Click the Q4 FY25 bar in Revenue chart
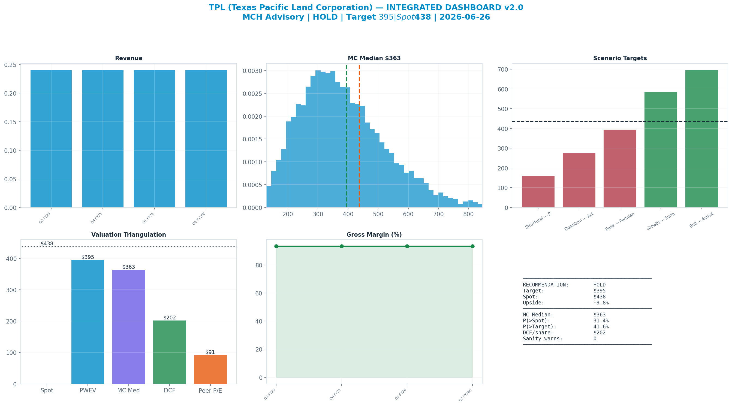(103, 139)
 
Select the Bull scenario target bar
(701, 139)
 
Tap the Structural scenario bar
(538, 192)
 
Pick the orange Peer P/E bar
(210, 370)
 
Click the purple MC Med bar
(128, 327)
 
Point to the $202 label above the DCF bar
(170, 318)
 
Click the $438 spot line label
(47, 244)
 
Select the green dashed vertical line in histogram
(347, 136)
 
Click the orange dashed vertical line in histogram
(359, 136)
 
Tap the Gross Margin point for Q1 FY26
(407, 246)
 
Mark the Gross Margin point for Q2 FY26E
(472, 246)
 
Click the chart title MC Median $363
(374, 58)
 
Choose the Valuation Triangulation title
(128, 235)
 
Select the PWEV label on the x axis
(88, 391)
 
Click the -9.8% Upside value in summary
(601, 303)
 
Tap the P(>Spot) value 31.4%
(601, 320)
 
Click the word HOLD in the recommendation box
(599, 285)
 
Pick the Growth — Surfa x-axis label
(661, 221)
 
